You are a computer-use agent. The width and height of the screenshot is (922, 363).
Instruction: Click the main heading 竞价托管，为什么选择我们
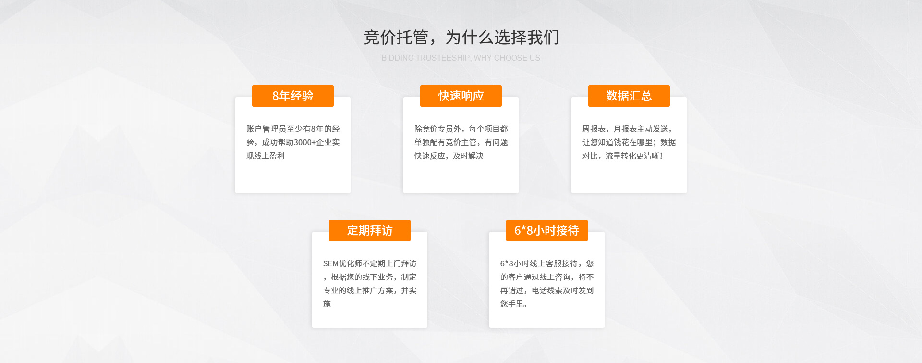461,37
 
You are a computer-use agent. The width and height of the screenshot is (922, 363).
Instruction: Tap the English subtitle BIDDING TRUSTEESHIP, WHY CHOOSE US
461,58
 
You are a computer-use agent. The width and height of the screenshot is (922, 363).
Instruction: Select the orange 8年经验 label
293,96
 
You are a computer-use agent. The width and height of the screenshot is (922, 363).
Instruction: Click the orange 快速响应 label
461,96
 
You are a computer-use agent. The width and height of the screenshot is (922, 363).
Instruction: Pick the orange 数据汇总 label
629,96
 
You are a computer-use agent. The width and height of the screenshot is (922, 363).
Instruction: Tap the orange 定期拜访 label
370,230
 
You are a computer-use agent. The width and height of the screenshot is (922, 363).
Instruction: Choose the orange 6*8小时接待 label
547,230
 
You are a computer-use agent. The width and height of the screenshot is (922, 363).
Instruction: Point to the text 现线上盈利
266,156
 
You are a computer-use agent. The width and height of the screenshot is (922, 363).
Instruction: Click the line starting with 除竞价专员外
461,129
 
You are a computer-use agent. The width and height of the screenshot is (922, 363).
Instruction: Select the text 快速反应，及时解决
449,156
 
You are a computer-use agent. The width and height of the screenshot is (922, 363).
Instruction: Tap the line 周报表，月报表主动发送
627,129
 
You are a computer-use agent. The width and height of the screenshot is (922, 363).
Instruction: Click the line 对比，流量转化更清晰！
623,156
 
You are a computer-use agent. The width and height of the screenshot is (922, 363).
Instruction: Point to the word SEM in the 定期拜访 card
331,263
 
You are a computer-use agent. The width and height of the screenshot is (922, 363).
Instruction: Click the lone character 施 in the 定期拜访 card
327,304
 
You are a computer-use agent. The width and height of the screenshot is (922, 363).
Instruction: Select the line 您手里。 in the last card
514,304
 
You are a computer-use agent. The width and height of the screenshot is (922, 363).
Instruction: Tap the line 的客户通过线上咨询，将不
547,277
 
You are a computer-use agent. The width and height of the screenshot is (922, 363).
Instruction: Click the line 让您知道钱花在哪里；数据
629,142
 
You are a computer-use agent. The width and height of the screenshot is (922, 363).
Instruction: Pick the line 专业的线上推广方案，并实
370,290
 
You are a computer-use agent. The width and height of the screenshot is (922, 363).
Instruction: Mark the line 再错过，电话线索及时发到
547,290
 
